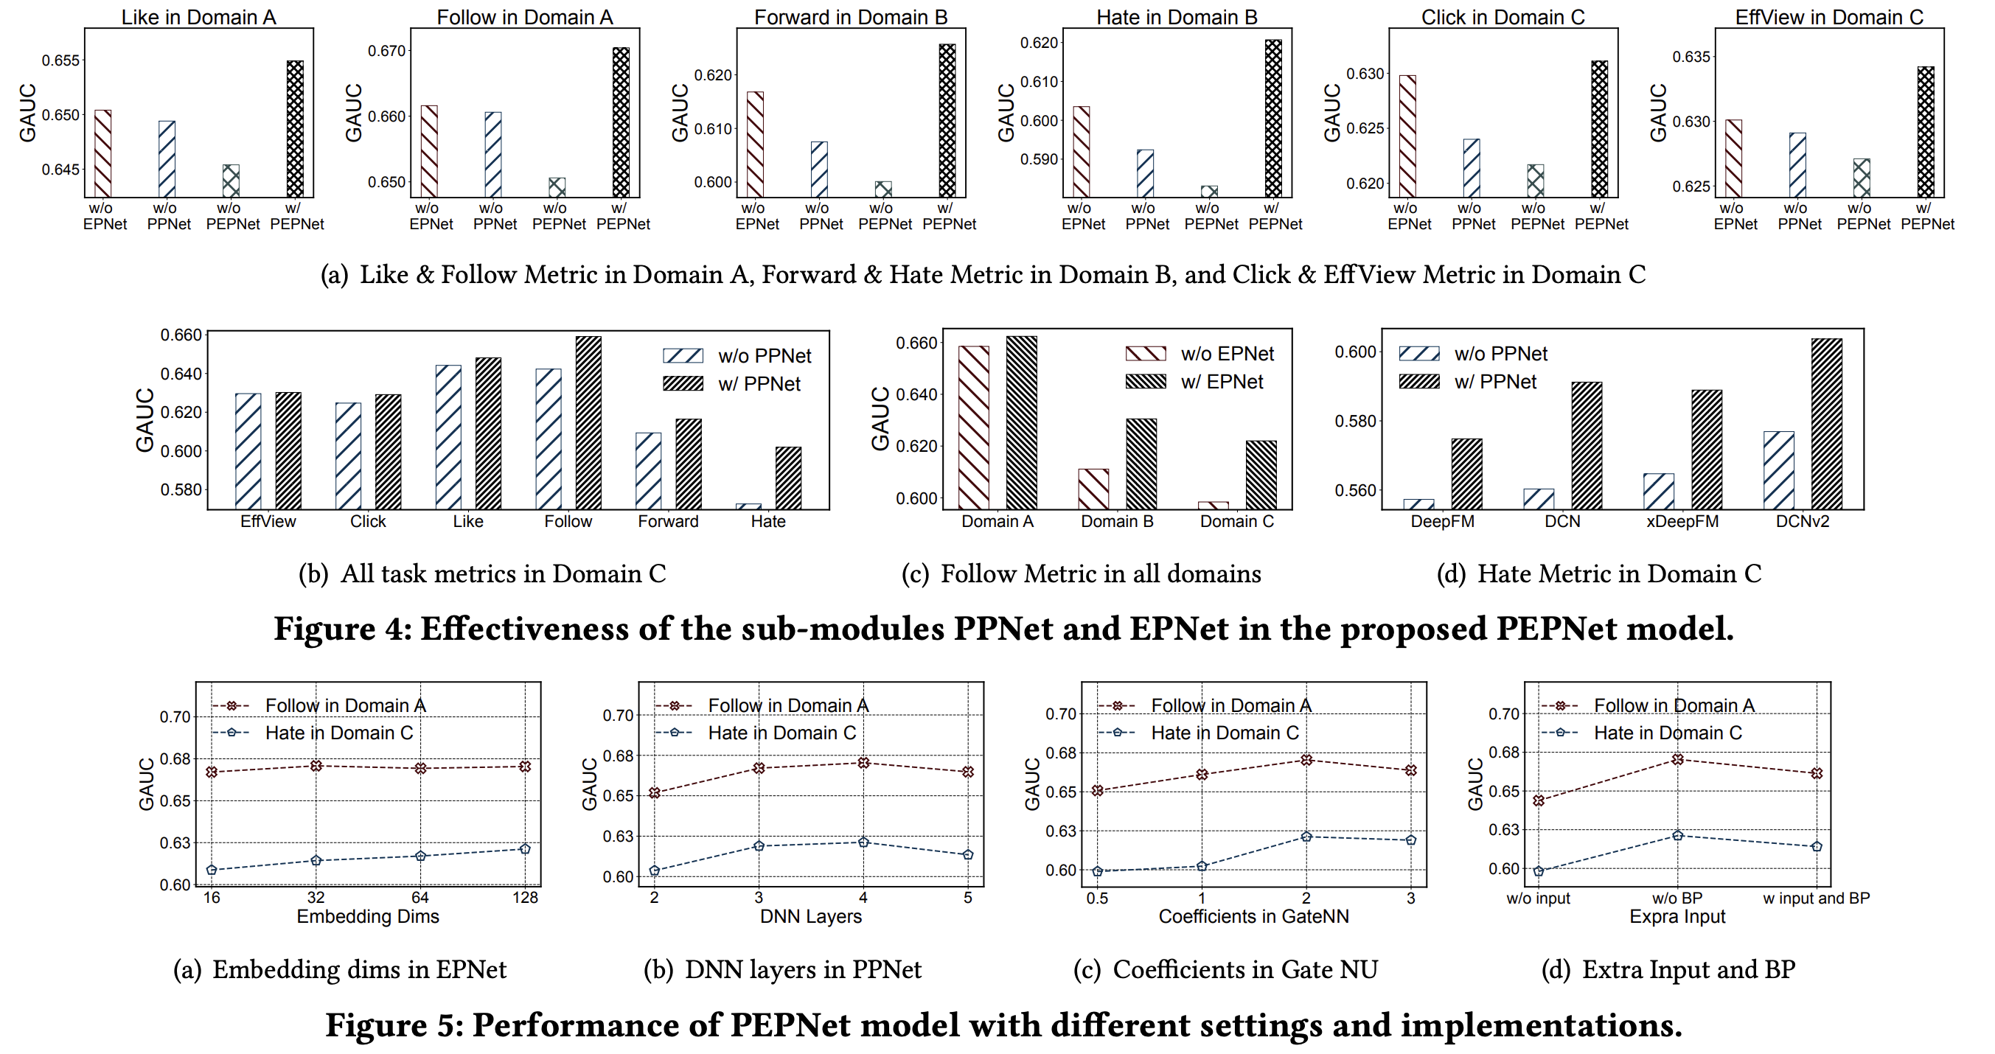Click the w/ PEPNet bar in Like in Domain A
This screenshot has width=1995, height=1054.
[x=295, y=128]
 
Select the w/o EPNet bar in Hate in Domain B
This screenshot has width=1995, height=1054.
[x=1081, y=152]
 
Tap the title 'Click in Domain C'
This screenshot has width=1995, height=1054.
[x=1503, y=17]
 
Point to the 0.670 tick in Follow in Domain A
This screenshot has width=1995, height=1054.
[x=386, y=51]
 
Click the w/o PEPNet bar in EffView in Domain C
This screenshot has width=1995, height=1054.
[x=1862, y=178]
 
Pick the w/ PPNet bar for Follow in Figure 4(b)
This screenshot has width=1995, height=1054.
[x=588, y=423]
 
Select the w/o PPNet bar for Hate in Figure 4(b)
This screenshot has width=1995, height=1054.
[x=748, y=506]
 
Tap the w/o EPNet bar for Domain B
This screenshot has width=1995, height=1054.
[x=1093, y=489]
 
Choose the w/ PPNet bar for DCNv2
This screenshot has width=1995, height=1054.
[x=1827, y=424]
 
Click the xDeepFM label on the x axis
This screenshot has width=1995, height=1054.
[x=1682, y=521]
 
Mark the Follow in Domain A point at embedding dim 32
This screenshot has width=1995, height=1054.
[x=316, y=765]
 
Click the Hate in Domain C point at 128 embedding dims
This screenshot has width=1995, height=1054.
[x=525, y=849]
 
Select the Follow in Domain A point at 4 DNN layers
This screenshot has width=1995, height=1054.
[x=863, y=763]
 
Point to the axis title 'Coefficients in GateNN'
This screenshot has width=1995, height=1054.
[x=1253, y=916]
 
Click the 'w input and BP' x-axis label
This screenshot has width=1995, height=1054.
[x=1816, y=898]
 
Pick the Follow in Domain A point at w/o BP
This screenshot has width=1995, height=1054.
[x=1677, y=760]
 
